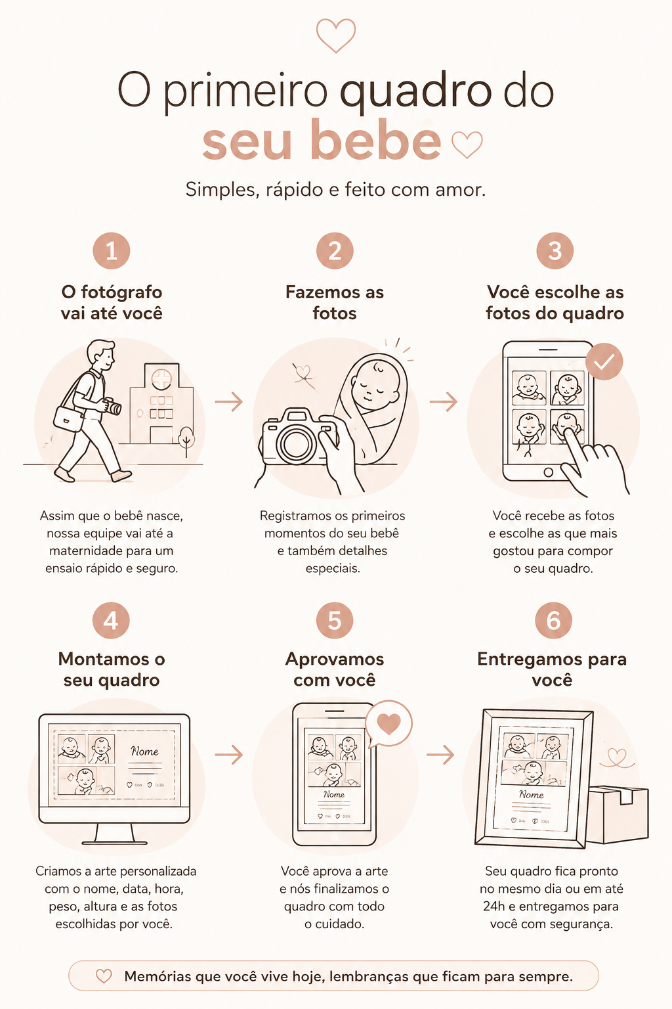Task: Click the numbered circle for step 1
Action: click(x=111, y=250)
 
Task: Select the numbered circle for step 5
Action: click(x=335, y=620)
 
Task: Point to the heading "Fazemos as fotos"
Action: click(x=335, y=302)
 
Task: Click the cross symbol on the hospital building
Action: click(x=161, y=378)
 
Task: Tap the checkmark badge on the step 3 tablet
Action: click(x=604, y=361)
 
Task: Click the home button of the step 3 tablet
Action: click(x=548, y=472)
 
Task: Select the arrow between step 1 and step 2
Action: click(x=228, y=401)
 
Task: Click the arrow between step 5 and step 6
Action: click(x=440, y=755)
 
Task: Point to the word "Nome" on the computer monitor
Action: click(x=144, y=751)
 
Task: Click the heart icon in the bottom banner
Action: click(x=104, y=975)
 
